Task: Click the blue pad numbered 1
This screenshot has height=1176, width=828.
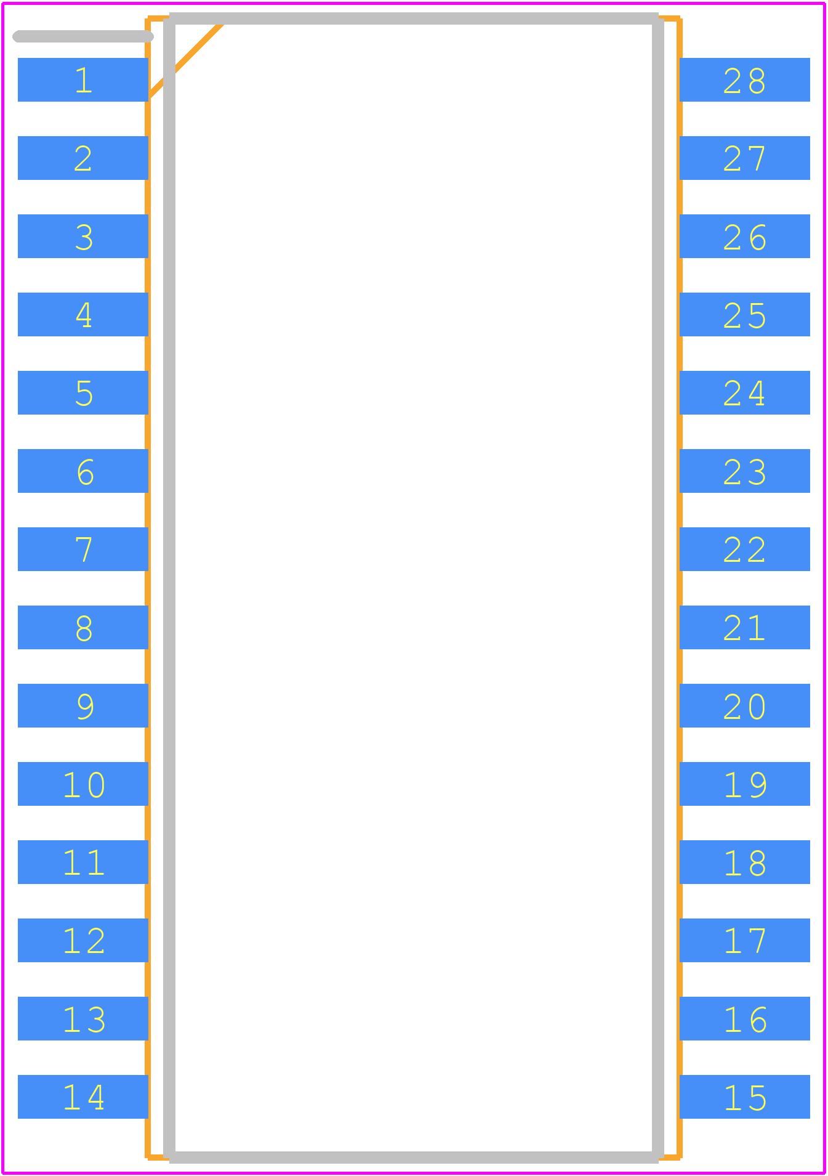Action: point(83,79)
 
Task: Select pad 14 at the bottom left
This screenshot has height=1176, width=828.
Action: point(83,1097)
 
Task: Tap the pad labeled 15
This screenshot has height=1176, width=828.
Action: point(745,1097)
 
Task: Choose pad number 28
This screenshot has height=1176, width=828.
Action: point(745,79)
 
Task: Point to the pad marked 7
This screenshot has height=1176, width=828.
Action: point(83,549)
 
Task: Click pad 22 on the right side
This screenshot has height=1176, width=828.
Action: point(745,549)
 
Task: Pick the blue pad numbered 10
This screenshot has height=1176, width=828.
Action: point(83,784)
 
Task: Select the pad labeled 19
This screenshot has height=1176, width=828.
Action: point(745,784)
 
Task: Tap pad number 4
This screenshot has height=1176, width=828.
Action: point(83,314)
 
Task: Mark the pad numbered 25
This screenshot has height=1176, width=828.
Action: point(745,314)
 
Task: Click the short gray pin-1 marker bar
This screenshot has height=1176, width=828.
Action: point(83,36)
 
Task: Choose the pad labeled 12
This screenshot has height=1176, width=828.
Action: point(83,940)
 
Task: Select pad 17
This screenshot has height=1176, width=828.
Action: point(745,940)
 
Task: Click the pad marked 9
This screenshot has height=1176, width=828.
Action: point(83,705)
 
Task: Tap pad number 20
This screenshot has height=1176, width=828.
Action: point(745,705)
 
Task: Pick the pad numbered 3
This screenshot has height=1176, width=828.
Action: point(83,236)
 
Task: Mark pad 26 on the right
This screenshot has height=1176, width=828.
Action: point(745,236)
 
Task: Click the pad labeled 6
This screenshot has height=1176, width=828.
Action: point(83,471)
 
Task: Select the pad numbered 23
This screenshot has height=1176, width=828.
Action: point(745,471)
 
